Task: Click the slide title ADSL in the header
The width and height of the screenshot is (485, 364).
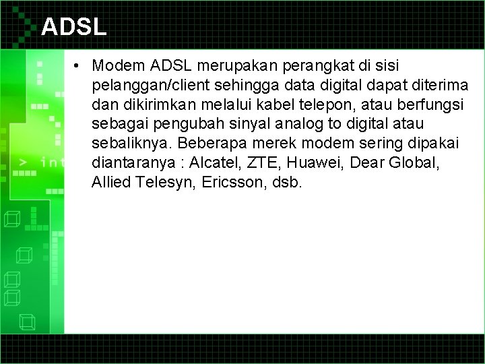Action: point(73,26)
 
